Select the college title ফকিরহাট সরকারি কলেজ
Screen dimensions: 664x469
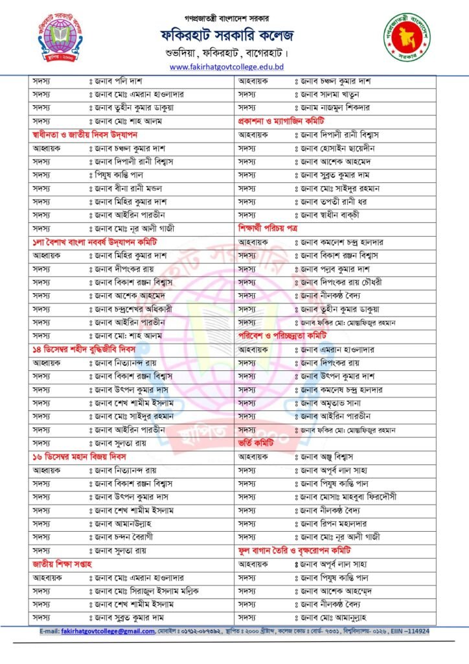pyautogui.click(x=235, y=34)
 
